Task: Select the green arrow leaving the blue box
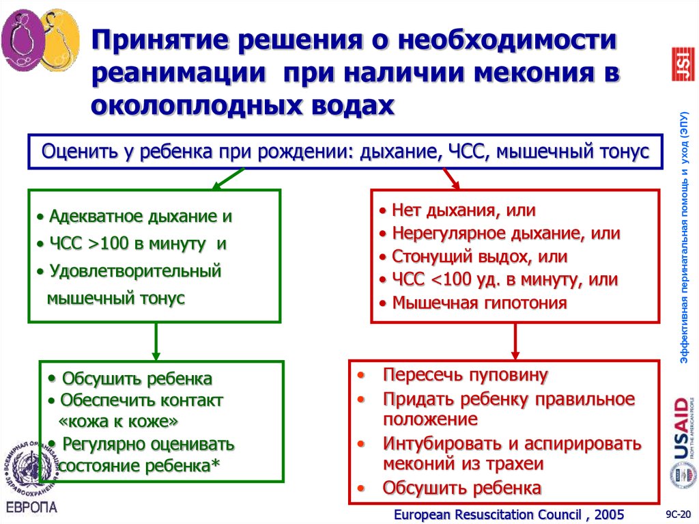coord(226,178)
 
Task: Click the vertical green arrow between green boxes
coord(156,341)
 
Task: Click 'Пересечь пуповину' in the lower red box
coord(466,375)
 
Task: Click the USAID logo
coord(681,428)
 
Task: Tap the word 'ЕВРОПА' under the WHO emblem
coord(32,508)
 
